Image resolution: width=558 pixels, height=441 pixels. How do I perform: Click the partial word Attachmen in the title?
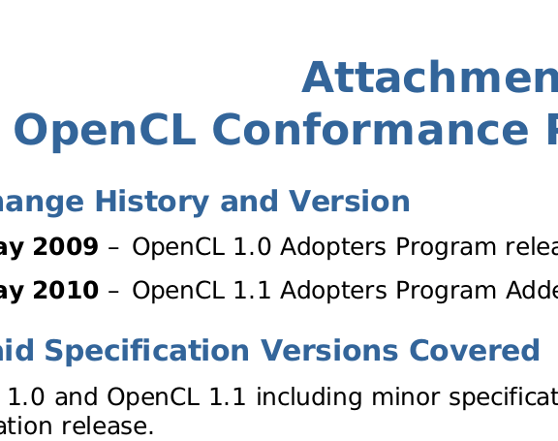[x=430, y=79]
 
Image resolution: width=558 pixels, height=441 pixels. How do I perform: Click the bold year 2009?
[x=66, y=247]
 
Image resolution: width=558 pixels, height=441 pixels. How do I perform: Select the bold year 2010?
[x=66, y=290]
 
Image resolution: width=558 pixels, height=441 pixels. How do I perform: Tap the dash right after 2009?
[x=113, y=248]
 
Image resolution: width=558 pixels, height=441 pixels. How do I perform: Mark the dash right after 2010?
[x=113, y=291]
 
